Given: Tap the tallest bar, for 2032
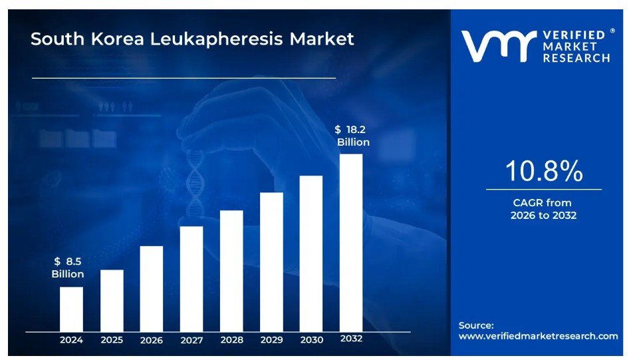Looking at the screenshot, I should pos(351,242).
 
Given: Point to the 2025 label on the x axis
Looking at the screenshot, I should pos(112,340).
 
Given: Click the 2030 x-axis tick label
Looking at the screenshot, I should pos(311,340).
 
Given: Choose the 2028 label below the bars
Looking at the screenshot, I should pos(231,340).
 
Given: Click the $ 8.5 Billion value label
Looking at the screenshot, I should pos(68,268).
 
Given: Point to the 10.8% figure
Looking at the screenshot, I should pos(543,172).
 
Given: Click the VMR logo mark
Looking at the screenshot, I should pos(499,46).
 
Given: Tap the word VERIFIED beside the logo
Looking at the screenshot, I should pos(576,34).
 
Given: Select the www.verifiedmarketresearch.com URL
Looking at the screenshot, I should pos(538,336).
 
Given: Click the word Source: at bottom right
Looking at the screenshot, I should pos(476,325).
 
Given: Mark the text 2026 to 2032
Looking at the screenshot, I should pos(543,216).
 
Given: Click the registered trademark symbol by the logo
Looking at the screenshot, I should pos(612,31).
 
